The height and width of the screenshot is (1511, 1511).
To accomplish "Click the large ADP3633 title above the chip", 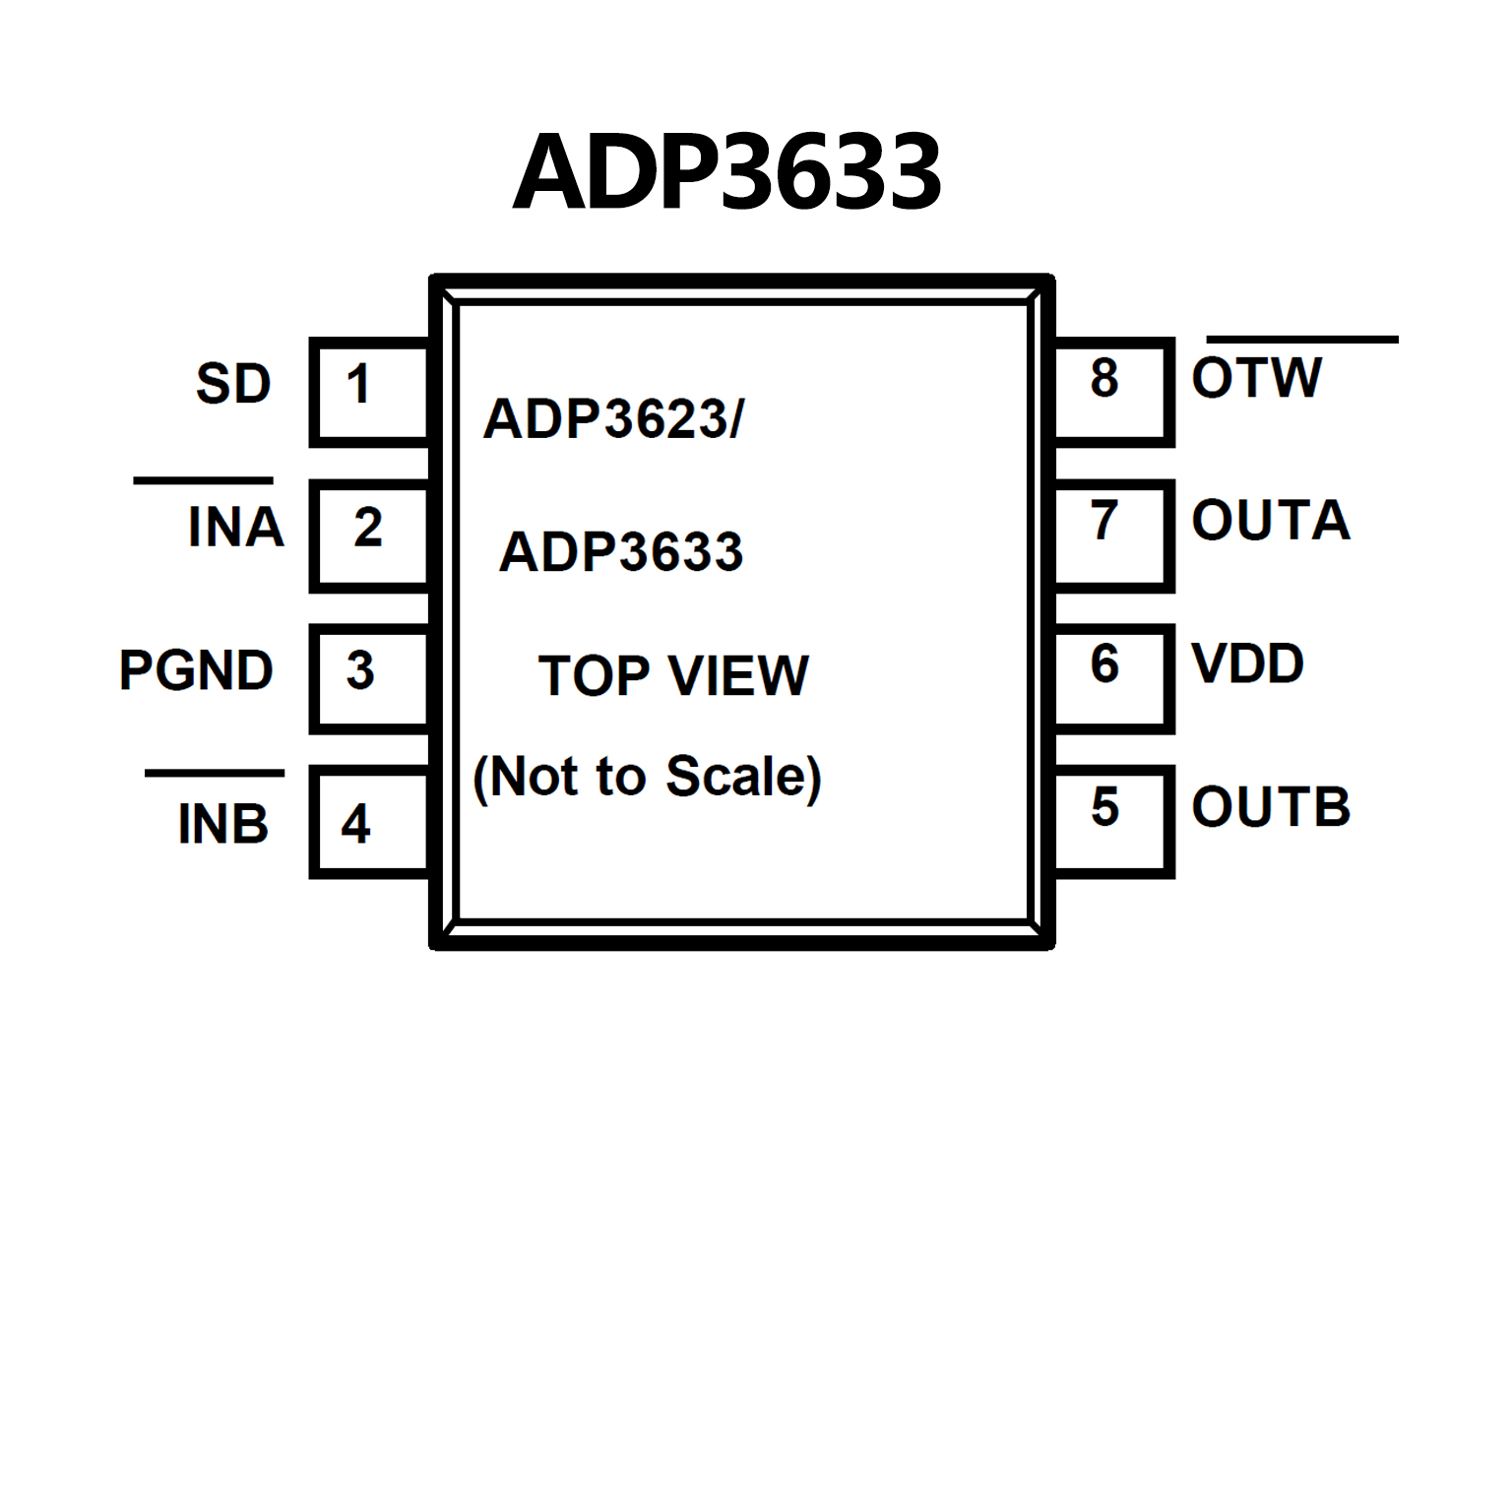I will [727, 173].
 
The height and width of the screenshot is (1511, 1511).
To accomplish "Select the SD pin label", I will [233, 384].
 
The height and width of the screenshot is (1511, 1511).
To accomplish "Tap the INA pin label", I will [235, 527].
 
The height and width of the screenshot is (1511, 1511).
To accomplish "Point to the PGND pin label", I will [196, 671].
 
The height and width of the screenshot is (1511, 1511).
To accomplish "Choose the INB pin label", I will [222, 824].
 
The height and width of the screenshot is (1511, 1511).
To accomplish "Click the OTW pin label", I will [1256, 378].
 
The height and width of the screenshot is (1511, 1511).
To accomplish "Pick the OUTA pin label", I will [1270, 521].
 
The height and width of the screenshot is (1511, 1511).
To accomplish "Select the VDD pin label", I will [1247, 663].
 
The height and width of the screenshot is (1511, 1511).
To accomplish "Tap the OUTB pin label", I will [1270, 807].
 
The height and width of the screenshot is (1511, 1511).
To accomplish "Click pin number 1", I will [358, 384].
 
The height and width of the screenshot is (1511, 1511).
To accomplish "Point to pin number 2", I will [367, 528].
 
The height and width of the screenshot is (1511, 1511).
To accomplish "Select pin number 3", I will [360, 671].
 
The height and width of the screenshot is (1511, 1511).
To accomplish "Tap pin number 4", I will [355, 824].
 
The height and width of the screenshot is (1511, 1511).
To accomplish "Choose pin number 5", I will [1104, 807].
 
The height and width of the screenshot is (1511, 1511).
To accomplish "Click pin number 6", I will [1104, 663].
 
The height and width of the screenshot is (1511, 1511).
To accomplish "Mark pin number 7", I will [1104, 521].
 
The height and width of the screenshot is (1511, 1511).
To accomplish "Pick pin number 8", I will [1104, 378].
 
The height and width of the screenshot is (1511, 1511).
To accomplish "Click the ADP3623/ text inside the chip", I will [613, 419].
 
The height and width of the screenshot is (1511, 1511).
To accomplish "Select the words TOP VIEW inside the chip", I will [673, 675].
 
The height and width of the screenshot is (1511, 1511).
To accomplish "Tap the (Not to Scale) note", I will [647, 777].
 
